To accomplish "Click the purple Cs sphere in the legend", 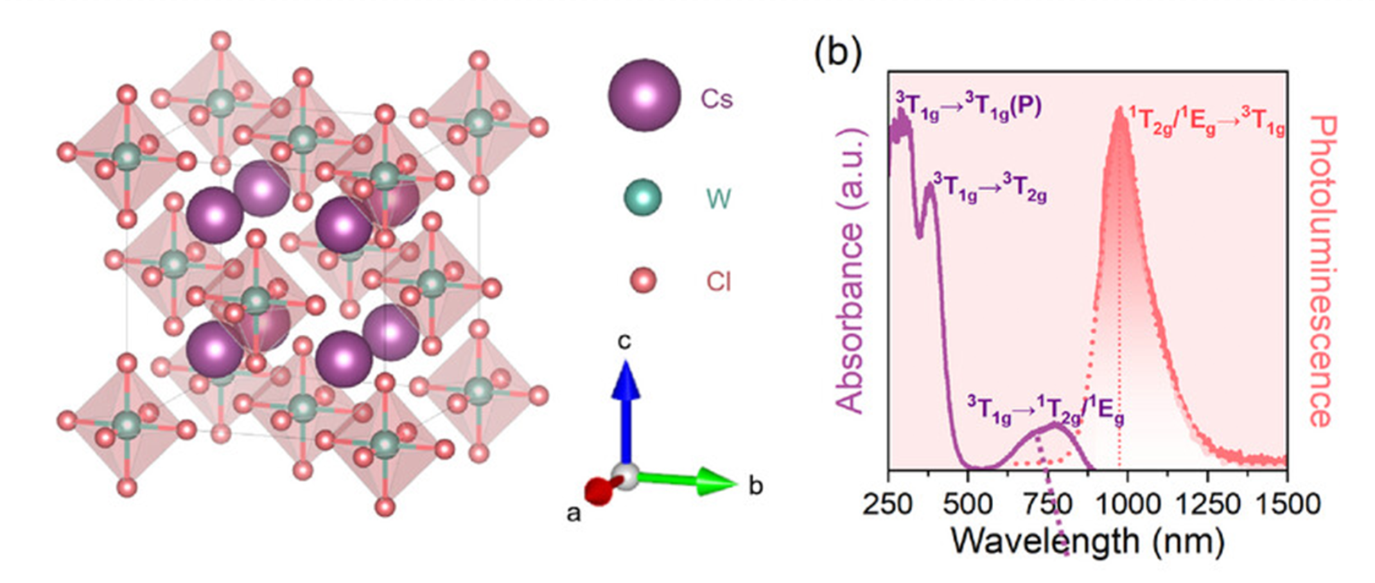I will point(644,95).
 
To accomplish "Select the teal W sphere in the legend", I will point(642,198).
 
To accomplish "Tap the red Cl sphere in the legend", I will point(642,281).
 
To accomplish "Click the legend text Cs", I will point(716,99).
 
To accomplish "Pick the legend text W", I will point(718,200).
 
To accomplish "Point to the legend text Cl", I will point(719,282).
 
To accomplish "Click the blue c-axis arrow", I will point(626,409).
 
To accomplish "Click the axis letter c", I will point(624,341).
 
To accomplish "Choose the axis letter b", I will point(755,487).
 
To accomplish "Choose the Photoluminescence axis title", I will point(1322,270).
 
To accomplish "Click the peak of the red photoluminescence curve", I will point(1119,110).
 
